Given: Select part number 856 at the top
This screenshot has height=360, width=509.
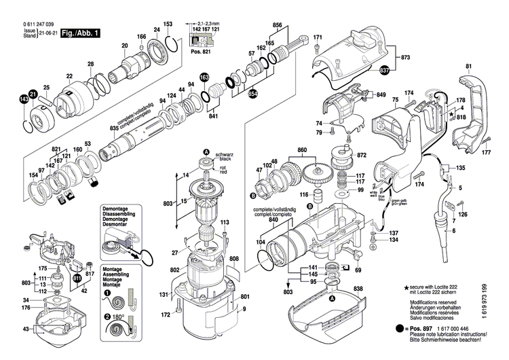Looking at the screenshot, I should click(x=277, y=25).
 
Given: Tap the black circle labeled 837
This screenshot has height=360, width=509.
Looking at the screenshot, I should click(x=385, y=70).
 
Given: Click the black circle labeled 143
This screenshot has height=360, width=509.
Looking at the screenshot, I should click(x=24, y=99).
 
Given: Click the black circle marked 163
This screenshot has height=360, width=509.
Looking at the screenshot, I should click(x=204, y=78).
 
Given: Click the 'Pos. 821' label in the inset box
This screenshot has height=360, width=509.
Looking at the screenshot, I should click(x=200, y=51).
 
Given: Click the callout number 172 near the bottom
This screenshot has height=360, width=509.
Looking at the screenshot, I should click(x=165, y=314).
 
